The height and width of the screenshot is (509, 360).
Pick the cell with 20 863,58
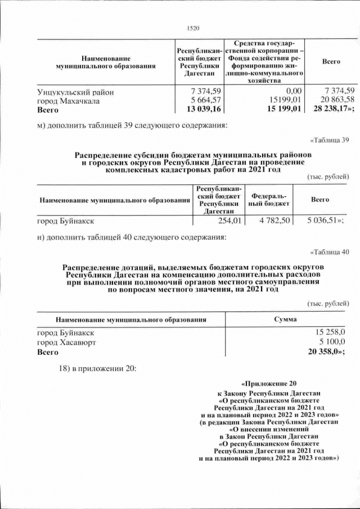(x=335, y=100)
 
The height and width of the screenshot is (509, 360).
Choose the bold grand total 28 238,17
(x=331, y=110)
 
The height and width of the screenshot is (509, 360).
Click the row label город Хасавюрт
(x=66, y=343)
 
